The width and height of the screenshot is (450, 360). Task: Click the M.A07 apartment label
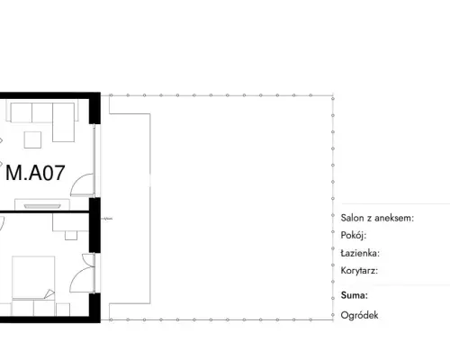35,173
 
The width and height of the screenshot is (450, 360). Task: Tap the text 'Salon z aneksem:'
377,218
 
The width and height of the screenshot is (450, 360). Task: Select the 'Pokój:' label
354,236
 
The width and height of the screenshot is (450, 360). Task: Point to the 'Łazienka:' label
360,253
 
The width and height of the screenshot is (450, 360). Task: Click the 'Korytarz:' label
359,271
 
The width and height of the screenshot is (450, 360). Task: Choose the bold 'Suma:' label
355,295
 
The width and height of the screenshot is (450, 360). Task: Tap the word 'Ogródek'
359,315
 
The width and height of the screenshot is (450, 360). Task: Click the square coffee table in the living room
32,139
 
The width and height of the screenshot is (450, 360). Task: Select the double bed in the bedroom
33,278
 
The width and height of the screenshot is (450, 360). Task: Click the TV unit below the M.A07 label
42,204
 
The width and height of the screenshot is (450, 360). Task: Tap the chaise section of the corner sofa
63,122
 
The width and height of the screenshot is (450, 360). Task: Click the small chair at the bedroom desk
71,236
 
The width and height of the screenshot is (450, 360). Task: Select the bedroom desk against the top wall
70,222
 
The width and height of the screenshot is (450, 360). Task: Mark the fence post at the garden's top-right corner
333,98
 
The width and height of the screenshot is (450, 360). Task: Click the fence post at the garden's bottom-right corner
333,315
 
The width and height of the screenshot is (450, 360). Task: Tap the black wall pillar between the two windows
94,225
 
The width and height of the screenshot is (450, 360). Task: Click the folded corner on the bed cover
49,294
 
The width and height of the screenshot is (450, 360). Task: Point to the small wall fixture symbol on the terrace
106,219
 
